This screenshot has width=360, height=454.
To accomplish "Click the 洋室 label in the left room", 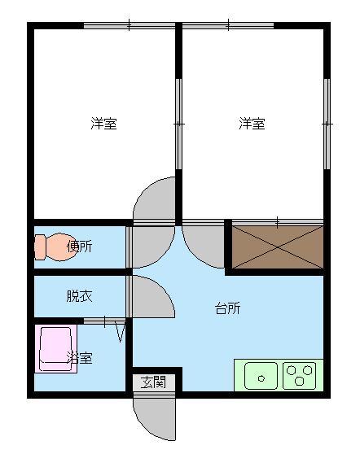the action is (x=103, y=124).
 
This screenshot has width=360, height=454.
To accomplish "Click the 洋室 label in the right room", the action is (x=252, y=124).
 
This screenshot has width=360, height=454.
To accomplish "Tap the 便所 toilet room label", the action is (x=80, y=247).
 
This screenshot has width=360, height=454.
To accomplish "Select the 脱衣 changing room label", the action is (x=80, y=296).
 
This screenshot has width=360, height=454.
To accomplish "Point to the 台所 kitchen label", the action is (x=227, y=308).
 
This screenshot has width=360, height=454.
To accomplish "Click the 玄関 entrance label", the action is (x=153, y=382).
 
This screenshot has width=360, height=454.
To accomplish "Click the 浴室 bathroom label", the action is (x=80, y=358).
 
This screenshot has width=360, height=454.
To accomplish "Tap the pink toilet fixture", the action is (x=55, y=247).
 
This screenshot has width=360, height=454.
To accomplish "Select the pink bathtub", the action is (x=56, y=348).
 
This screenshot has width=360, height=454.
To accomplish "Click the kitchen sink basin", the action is (x=261, y=376).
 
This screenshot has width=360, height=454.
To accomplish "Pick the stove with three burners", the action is (x=300, y=376).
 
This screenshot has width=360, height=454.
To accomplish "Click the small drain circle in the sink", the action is (x=261, y=378).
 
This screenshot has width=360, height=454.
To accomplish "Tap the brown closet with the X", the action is (x=278, y=247).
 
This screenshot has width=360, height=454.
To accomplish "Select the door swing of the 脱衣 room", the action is (x=152, y=296).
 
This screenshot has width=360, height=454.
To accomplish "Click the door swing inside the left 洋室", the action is (x=155, y=199).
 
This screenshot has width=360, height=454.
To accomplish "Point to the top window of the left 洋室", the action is (x=130, y=25).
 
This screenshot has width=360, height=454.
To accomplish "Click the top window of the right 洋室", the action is (x=228, y=25).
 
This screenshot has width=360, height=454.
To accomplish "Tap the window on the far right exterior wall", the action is (x=327, y=124).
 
